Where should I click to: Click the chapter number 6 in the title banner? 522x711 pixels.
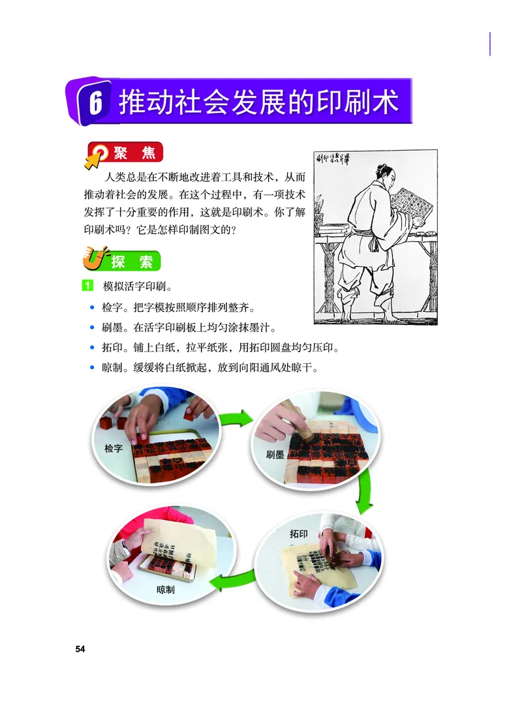click(x=95, y=104)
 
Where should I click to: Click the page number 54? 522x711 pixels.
click(x=80, y=648)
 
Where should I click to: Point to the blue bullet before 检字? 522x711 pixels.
click(x=92, y=307)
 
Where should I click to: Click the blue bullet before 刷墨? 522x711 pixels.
click(x=92, y=327)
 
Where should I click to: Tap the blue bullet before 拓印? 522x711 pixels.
click(x=92, y=348)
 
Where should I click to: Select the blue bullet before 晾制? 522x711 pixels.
click(x=92, y=368)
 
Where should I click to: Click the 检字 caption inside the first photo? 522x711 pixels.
click(x=114, y=449)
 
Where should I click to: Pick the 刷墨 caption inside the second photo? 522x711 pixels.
click(x=275, y=455)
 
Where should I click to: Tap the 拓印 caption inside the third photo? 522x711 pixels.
click(x=298, y=534)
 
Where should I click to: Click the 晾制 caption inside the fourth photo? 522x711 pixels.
click(x=165, y=589)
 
